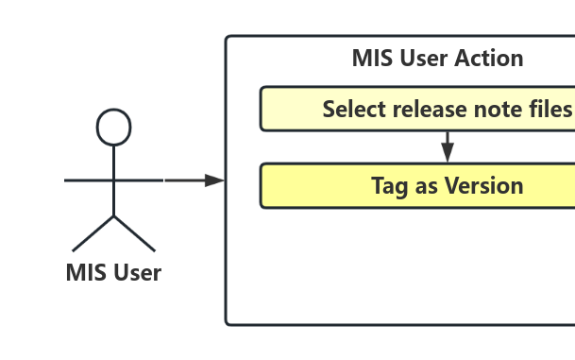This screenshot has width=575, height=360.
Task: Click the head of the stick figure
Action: [114, 127]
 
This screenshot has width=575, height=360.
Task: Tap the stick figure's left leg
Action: [93, 233]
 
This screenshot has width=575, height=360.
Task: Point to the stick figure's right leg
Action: [135, 233]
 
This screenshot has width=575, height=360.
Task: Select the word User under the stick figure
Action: [137, 273]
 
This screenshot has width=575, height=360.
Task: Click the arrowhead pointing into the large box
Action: [216, 180]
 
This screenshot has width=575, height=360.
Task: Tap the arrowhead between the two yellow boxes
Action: [448, 152]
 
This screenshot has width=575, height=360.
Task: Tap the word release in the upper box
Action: [427, 109]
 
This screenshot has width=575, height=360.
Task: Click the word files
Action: [550, 109]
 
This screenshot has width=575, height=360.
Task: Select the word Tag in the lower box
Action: [389, 185]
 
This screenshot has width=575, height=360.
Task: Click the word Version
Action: [479, 185]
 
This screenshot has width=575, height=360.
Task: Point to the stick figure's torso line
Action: [114, 189]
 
